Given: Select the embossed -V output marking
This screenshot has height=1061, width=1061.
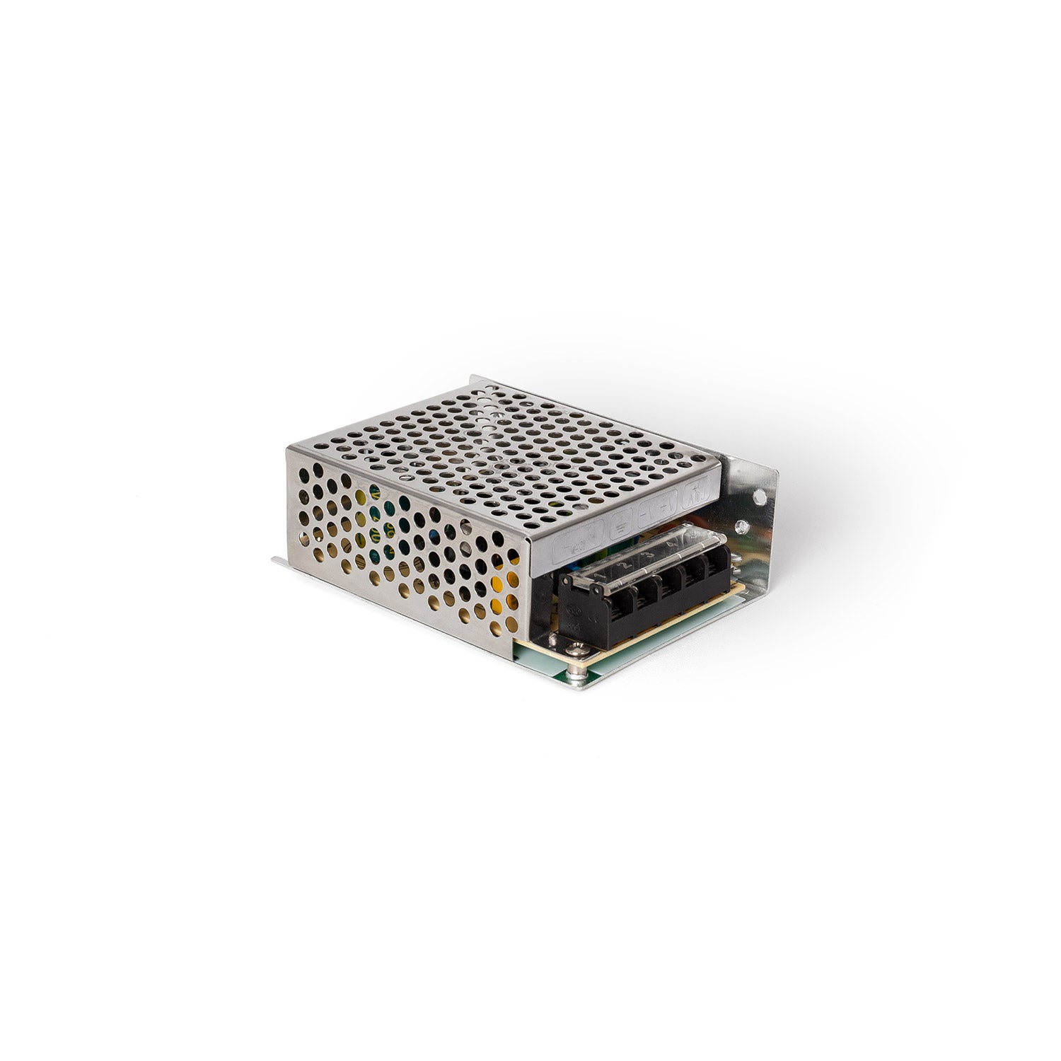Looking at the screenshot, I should click(x=647, y=514).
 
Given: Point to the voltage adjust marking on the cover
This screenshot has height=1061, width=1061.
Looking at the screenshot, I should click(x=697, y=493).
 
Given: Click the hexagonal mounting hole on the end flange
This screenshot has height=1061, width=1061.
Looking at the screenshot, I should click(x=760, y=497).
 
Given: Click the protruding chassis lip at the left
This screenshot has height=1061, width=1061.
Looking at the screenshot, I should click(x=279, y=562).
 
